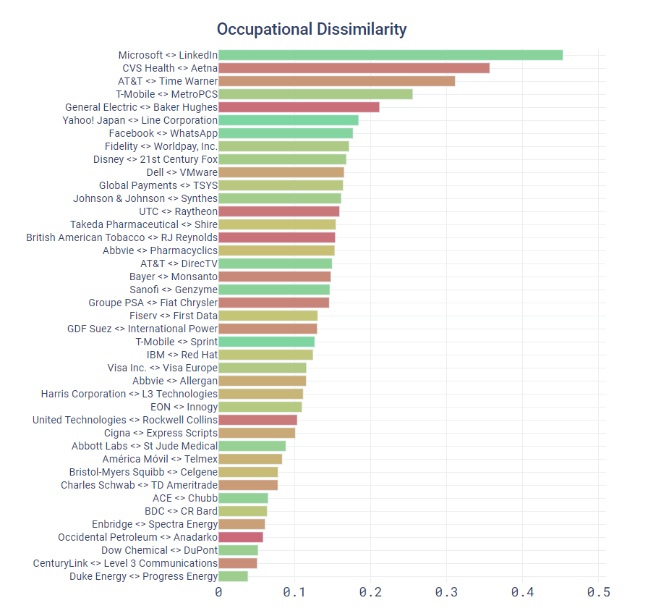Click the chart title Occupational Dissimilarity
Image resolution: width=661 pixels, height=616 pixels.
[312, 30]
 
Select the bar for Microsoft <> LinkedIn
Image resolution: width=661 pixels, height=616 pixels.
[391, 55]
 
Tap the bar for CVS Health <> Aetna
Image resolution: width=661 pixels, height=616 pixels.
[354, 68]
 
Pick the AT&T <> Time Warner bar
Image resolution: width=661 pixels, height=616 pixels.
[336, 81]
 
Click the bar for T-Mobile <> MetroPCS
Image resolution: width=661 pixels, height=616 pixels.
[315, 94]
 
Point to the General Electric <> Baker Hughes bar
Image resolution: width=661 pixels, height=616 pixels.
[299, 107]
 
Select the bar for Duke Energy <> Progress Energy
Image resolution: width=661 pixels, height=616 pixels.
[233, 576]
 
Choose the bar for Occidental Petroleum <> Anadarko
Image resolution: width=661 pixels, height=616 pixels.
[241, 537]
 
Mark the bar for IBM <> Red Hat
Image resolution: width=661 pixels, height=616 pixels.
[265, 355]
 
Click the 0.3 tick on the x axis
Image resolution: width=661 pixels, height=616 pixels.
[446, 593]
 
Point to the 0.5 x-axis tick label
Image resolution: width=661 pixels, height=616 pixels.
[598, 593]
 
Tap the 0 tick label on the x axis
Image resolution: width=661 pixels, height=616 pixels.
[218, 593]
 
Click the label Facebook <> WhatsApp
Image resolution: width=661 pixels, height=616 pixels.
[163, 133]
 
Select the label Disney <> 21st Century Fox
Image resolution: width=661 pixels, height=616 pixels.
[155, 159]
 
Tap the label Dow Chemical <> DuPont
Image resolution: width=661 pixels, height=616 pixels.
[159, 550]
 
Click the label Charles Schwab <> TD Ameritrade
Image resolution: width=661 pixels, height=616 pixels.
[139, 485]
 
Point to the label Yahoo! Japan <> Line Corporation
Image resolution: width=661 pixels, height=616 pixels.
[140, 120]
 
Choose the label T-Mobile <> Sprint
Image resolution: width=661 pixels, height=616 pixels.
[176, 342]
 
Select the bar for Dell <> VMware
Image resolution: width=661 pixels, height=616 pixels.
[281, 172]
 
